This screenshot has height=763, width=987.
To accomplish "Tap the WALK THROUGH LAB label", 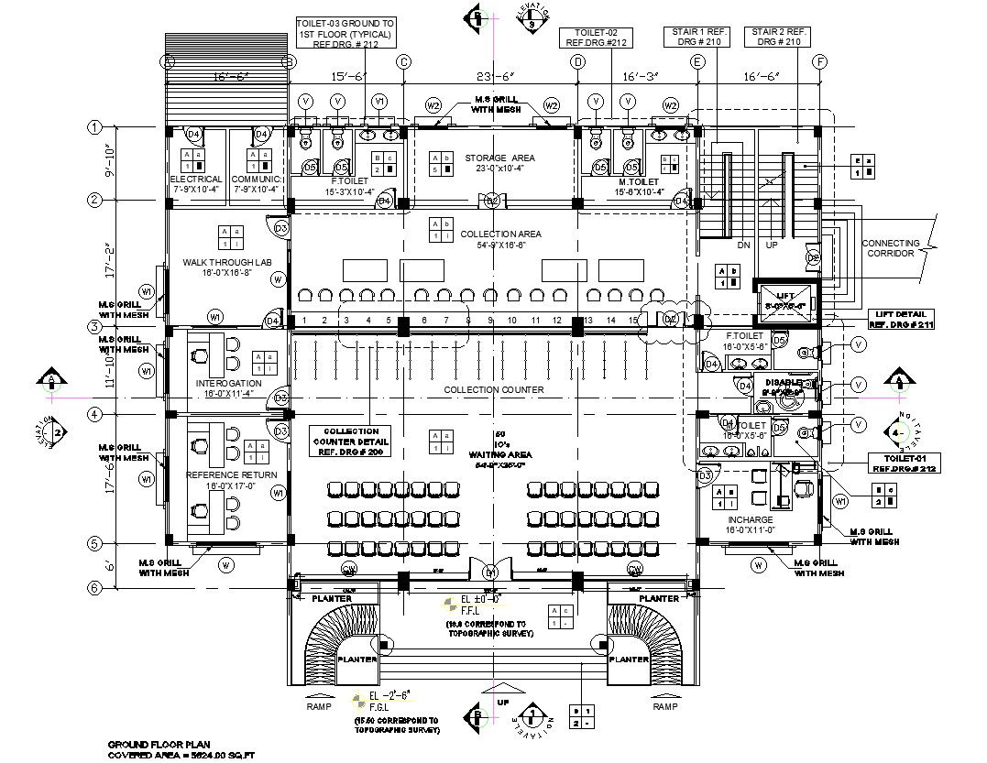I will [x=227, y=263].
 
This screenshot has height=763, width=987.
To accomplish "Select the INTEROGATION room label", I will [x=228, y=383].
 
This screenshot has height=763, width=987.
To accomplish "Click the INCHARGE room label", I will [x=750, y=520].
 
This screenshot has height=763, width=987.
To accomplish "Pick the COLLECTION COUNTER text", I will [x=494, y=390].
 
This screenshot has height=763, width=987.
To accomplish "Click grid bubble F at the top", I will [x=820, y=62].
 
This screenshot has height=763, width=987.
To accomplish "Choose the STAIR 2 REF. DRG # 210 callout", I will [x=776, y=37].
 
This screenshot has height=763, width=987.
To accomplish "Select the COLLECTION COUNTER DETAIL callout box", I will [x=350, y=441].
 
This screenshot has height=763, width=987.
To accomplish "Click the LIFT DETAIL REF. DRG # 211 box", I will [x=901, y=320].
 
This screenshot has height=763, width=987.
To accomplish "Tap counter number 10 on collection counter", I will [x=512, y=321].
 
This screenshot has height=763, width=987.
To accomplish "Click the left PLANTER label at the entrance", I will [x=332, y=598].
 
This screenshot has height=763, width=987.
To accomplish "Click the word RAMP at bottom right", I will [x=665, y=707].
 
